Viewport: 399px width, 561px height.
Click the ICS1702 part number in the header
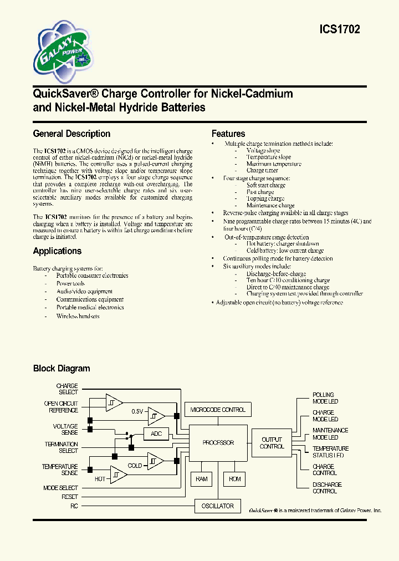(x=340, y=30)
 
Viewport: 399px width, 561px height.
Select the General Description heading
(x=71, y=134)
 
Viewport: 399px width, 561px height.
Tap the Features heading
(x=228, y=134)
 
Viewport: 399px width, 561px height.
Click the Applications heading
(x=57, y=251)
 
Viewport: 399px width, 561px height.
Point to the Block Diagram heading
(x=62, y=369)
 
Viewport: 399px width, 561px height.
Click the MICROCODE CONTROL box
(x=218, y=410)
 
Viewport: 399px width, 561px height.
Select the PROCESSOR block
(x=218, y=443)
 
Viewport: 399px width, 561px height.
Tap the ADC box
(x=156, y=433)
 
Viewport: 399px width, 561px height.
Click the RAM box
(x=202, y=478)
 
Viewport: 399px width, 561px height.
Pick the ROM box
(x=235, y=478)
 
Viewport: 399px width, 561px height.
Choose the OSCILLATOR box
(x=218, y=506)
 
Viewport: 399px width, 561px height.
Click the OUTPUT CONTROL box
(x=272, y=443)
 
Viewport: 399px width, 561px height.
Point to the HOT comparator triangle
(x=117, y=475)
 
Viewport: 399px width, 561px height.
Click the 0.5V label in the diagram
(x=137, y=411)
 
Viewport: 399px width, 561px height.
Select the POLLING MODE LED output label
(x=325, y=398)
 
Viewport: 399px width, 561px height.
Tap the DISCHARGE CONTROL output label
(x=327, y=488)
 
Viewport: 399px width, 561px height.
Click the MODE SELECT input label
(x=60, y=488)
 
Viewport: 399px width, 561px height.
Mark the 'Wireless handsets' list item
(x=78, y=316)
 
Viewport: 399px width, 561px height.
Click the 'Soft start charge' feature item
(x=266, y=185)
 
